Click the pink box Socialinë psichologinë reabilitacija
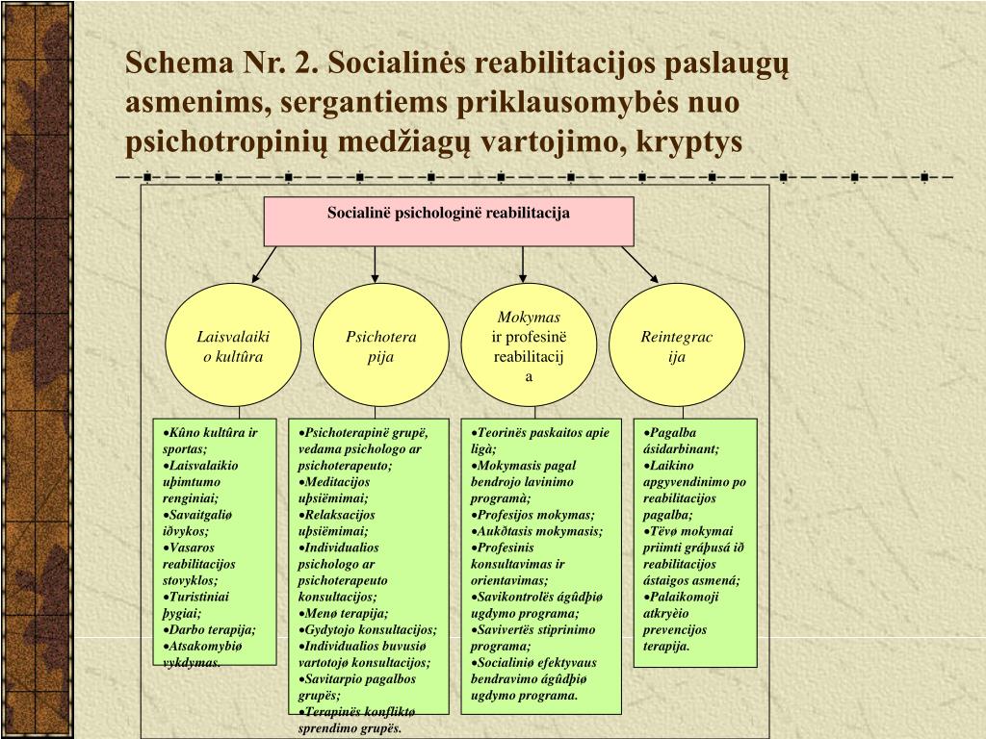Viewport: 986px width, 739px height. tap(449, 221)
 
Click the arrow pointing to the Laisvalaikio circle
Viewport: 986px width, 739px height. tap(265, 263)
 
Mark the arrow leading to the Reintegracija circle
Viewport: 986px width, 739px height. tap(640, 263)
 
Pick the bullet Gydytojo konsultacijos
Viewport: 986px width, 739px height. tap(368, 629)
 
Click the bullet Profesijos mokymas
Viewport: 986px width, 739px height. tap(535, 515)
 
